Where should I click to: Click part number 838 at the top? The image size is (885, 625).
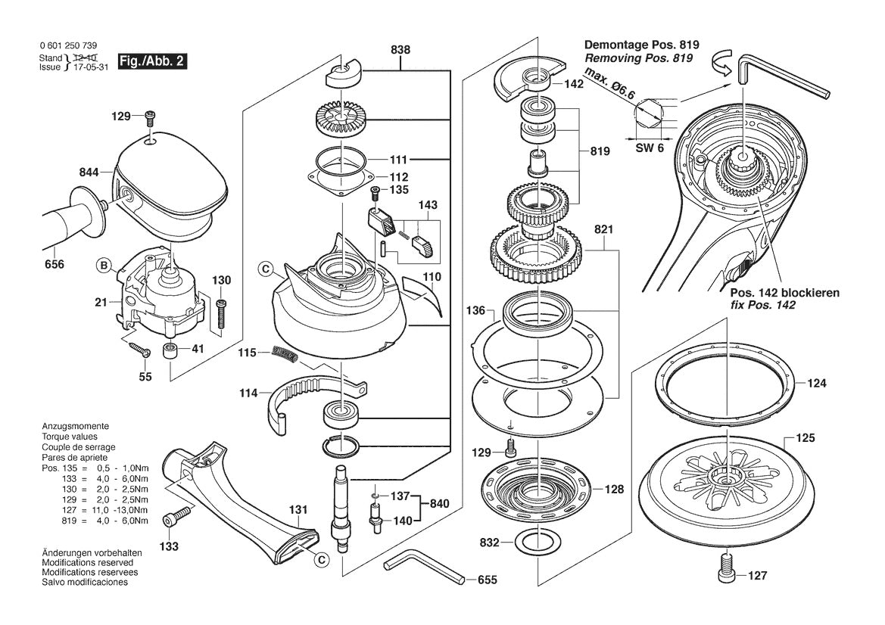400,49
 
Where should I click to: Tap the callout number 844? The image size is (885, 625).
89,173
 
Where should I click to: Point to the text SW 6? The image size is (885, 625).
649,148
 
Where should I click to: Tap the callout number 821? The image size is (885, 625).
603,229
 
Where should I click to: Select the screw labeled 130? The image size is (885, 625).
221,312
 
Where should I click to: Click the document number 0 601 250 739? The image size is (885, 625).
67,46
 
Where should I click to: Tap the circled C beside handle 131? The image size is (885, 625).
321,560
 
